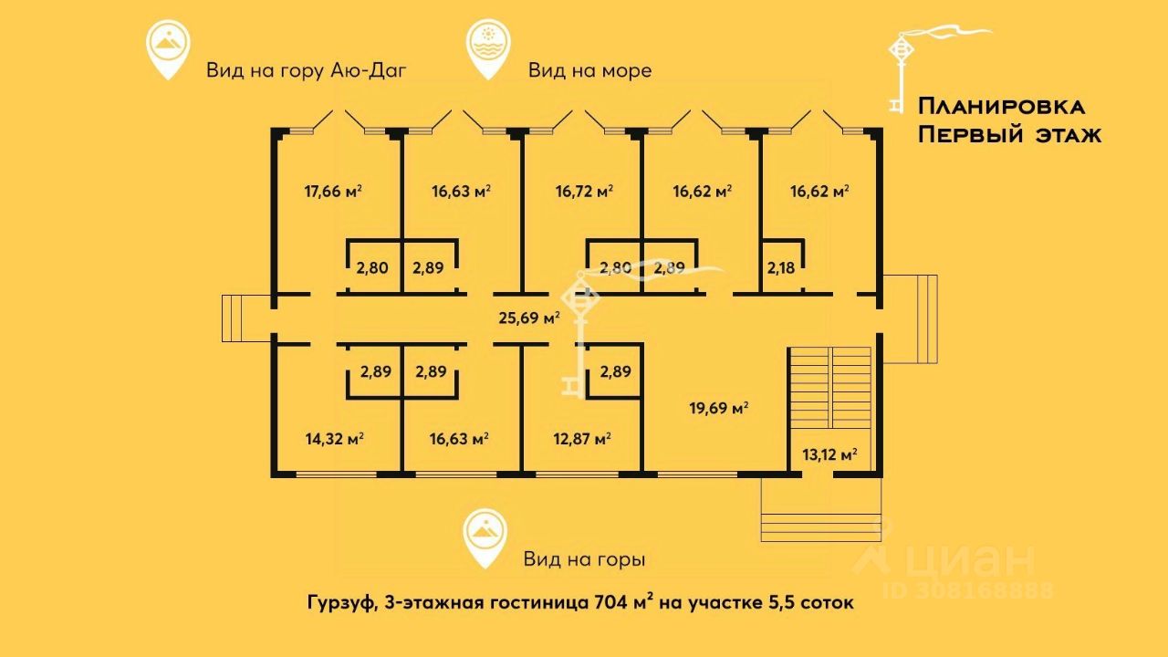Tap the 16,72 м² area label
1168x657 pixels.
[584, 192]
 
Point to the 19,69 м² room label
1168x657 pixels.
[718, 408]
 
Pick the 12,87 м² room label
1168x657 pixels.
[581, 439]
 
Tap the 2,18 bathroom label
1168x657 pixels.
[781, 268]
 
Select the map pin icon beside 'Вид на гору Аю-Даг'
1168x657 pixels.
[169, 50]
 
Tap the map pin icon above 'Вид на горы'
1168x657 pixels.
[485, 539]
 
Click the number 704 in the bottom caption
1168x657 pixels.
[613, 603]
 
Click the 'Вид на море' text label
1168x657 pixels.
[589, 70]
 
